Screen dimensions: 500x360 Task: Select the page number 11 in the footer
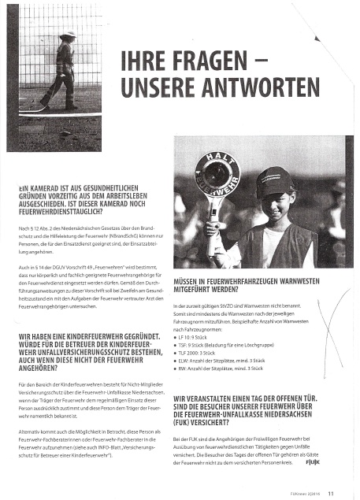332,493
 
